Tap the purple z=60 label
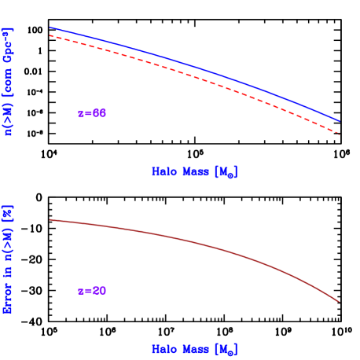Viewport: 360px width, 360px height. (92, 114)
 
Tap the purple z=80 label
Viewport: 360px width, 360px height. (92, 292)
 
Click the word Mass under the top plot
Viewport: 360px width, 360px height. (195, 171)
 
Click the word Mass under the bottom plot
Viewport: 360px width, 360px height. (195, 349)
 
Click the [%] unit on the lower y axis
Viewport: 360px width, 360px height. (9, 212)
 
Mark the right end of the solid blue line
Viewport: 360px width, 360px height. (340, 121)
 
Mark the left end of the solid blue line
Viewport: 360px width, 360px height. (50, 28)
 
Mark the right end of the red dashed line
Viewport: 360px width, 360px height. (340, 134)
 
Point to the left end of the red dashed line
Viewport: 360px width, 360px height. (50, 35)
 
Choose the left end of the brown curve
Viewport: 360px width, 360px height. (50, 219)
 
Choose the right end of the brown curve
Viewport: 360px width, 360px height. (340, 302)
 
